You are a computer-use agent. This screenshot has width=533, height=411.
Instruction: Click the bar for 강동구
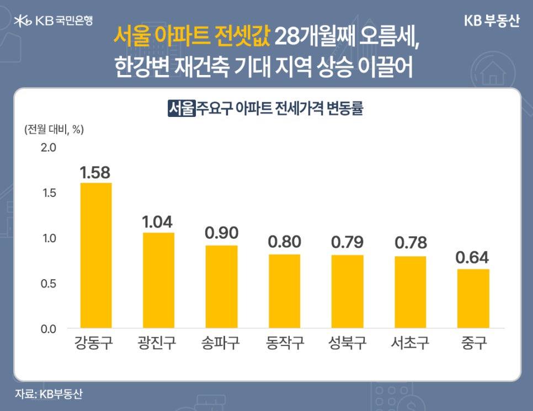tap(96, 255)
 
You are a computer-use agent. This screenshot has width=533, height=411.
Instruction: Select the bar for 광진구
tap(158, 280)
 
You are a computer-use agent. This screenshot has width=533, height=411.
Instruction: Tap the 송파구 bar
tap(221, 287)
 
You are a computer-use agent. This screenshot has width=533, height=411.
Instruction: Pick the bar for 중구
tap(473, 298)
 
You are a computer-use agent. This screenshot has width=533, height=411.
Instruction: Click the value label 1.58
tap(96, 173)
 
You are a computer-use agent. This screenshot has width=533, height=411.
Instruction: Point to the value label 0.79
tap(347, 242)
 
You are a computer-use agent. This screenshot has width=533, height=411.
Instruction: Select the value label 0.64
tap(473, 257)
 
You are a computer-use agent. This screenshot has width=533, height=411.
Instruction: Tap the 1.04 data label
tap(158, 222)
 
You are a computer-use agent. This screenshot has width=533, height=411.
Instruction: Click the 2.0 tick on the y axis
tap(49, 148)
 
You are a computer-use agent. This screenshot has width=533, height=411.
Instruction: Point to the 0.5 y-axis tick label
tap(49, 284)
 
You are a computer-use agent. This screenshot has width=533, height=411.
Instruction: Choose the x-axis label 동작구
tap(284, 344)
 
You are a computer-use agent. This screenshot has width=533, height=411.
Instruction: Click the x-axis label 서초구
tap(410, 344)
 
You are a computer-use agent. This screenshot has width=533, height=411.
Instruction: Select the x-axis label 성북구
tap(347, 344)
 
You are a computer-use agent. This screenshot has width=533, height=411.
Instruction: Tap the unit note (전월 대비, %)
tap(54, 130)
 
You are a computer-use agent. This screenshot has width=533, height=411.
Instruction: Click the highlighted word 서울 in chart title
tap(182, 108)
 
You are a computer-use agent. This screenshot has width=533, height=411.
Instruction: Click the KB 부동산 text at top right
tap(492, 21)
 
